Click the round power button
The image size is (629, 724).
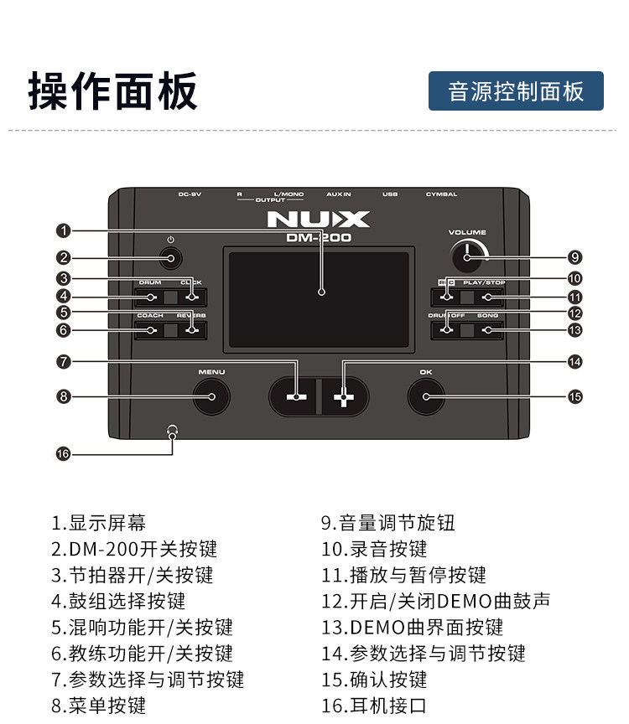tap(171, 258)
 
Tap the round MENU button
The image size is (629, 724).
tap(211, 396)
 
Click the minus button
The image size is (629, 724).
tap(294, 396)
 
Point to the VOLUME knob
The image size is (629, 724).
tap(466, 256)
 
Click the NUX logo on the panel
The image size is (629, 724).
tap(318, 220)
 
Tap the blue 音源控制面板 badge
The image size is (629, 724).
tap(516, 91)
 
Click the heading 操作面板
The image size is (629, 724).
tap(113, 90)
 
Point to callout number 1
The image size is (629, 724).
tap(63, 230)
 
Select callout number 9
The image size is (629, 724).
tap(574, 257)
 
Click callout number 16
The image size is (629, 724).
tap(63, 453)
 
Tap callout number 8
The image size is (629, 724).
tap(63, 396)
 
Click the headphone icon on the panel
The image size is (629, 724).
tap(172, 431)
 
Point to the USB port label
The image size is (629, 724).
tap(389, 194)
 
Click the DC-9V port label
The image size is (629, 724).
tap(190, 194)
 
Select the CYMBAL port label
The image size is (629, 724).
tap(441, 194)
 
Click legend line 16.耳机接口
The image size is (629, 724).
tap(374, 705)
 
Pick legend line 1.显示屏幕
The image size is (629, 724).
tap(98, 524)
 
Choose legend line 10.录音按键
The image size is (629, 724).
tap(374, 550)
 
